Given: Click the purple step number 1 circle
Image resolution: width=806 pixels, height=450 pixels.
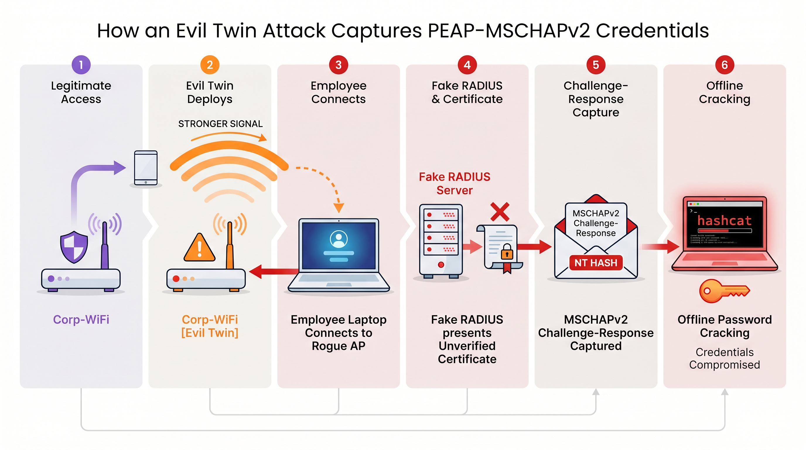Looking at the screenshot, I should [x=81, y=65].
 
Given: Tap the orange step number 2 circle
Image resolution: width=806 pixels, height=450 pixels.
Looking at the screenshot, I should [x=210, y=65].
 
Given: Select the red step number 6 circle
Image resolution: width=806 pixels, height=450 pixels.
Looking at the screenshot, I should [x=724, y=65].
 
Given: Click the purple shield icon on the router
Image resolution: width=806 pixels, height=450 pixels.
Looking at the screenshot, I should [x=74, y=247].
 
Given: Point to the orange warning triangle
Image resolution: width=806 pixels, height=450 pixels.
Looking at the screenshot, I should [x=199, y=248].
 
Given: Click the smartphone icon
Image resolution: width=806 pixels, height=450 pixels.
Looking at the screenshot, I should [x=146, y=168].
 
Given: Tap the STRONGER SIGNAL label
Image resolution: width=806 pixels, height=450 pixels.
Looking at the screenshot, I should [x=220, y=124].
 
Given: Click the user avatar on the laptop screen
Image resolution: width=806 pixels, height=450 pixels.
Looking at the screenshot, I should [x=339, y=239].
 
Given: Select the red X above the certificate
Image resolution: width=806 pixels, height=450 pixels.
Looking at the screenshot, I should [x=500, y=212].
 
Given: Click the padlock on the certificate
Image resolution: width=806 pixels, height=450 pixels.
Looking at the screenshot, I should [x=507, y=252].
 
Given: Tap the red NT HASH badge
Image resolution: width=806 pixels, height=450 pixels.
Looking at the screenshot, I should [x=596, y=263].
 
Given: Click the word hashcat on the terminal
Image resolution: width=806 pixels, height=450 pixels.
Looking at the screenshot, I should [x=724, y=221].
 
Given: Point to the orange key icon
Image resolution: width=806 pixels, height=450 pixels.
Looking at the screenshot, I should [x=723, y=291].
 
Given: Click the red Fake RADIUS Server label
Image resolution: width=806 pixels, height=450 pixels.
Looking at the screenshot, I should [x=454, y=183].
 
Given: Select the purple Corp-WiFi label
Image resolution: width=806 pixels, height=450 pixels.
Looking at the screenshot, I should [x=81, y=320].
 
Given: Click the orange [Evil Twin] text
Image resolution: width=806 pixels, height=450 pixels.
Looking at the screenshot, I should [x=210, y=333].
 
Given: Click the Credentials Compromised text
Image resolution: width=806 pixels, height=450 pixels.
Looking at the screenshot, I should [x=724, y=358].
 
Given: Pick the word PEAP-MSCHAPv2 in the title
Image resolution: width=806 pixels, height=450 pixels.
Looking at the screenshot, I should [x=509, y=31].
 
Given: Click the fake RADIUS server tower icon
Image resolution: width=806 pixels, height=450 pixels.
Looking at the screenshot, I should [x=441, y=241].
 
